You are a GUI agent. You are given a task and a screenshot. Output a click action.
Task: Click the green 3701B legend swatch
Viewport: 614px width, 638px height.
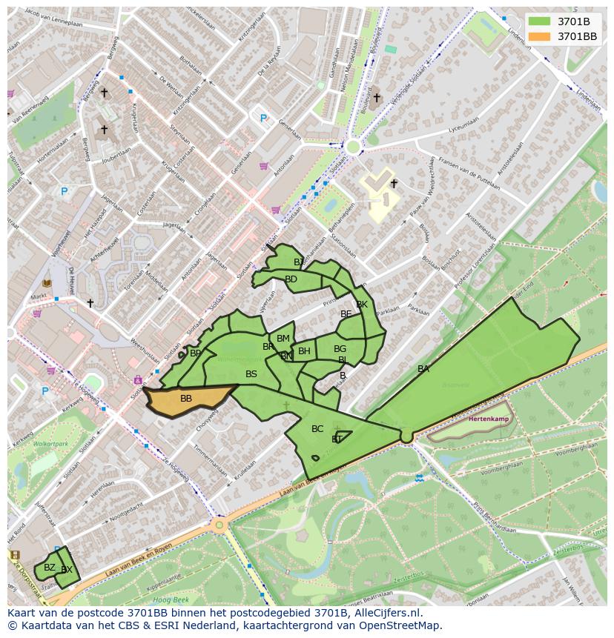pyautogui.click(x=541, y=21)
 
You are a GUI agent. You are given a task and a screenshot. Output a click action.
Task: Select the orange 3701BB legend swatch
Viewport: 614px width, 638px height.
pyautogui.click(x=541, y=36)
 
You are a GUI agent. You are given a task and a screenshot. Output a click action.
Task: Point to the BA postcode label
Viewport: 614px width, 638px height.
pyautogui.click(x=423, y=369)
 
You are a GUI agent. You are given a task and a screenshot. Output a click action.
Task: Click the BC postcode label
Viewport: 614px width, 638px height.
pyautogui.click(x=317, y=429)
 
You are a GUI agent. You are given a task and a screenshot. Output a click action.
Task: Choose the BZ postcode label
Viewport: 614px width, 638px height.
pyautogui.click(x=50, y=568)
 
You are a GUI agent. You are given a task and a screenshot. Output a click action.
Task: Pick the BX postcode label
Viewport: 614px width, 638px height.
pyautogui.click(x=67, y=570)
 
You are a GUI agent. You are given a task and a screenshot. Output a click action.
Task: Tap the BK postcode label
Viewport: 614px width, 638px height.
pyautogui.click(x=362, y=305)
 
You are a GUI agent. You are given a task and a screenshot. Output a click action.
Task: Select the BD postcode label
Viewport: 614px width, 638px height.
pyautogui.click(x=291, y=279)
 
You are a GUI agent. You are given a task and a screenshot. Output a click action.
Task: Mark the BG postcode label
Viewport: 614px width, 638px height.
pyautogui.click(x=340, y=349)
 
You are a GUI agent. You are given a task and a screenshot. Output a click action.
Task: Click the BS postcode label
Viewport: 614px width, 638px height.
pyautogui.click(x=251, y=374)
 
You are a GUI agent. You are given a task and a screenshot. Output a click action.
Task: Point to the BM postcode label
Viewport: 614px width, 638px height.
pyautogui.click(x=283, y=339)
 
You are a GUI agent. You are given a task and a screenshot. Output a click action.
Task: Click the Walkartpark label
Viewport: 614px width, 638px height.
pyautogui.click(x=51, y=445)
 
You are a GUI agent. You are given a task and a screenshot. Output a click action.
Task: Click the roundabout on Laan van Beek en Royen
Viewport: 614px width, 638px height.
pyautogui.click(x=219, y=525)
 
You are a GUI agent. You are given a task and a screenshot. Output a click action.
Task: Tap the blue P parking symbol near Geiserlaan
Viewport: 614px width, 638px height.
pyautogui.click(x=263, y=118)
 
